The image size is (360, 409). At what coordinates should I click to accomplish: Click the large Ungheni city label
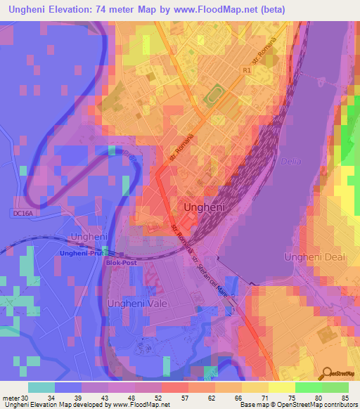tap(205, 208)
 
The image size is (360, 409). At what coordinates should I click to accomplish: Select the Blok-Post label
tap(119, 262)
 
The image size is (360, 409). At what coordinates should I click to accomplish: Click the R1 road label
tap(245, 71)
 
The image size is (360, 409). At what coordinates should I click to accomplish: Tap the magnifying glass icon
tap(326, 375)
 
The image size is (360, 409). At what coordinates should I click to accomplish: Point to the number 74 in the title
tap(124, 11)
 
